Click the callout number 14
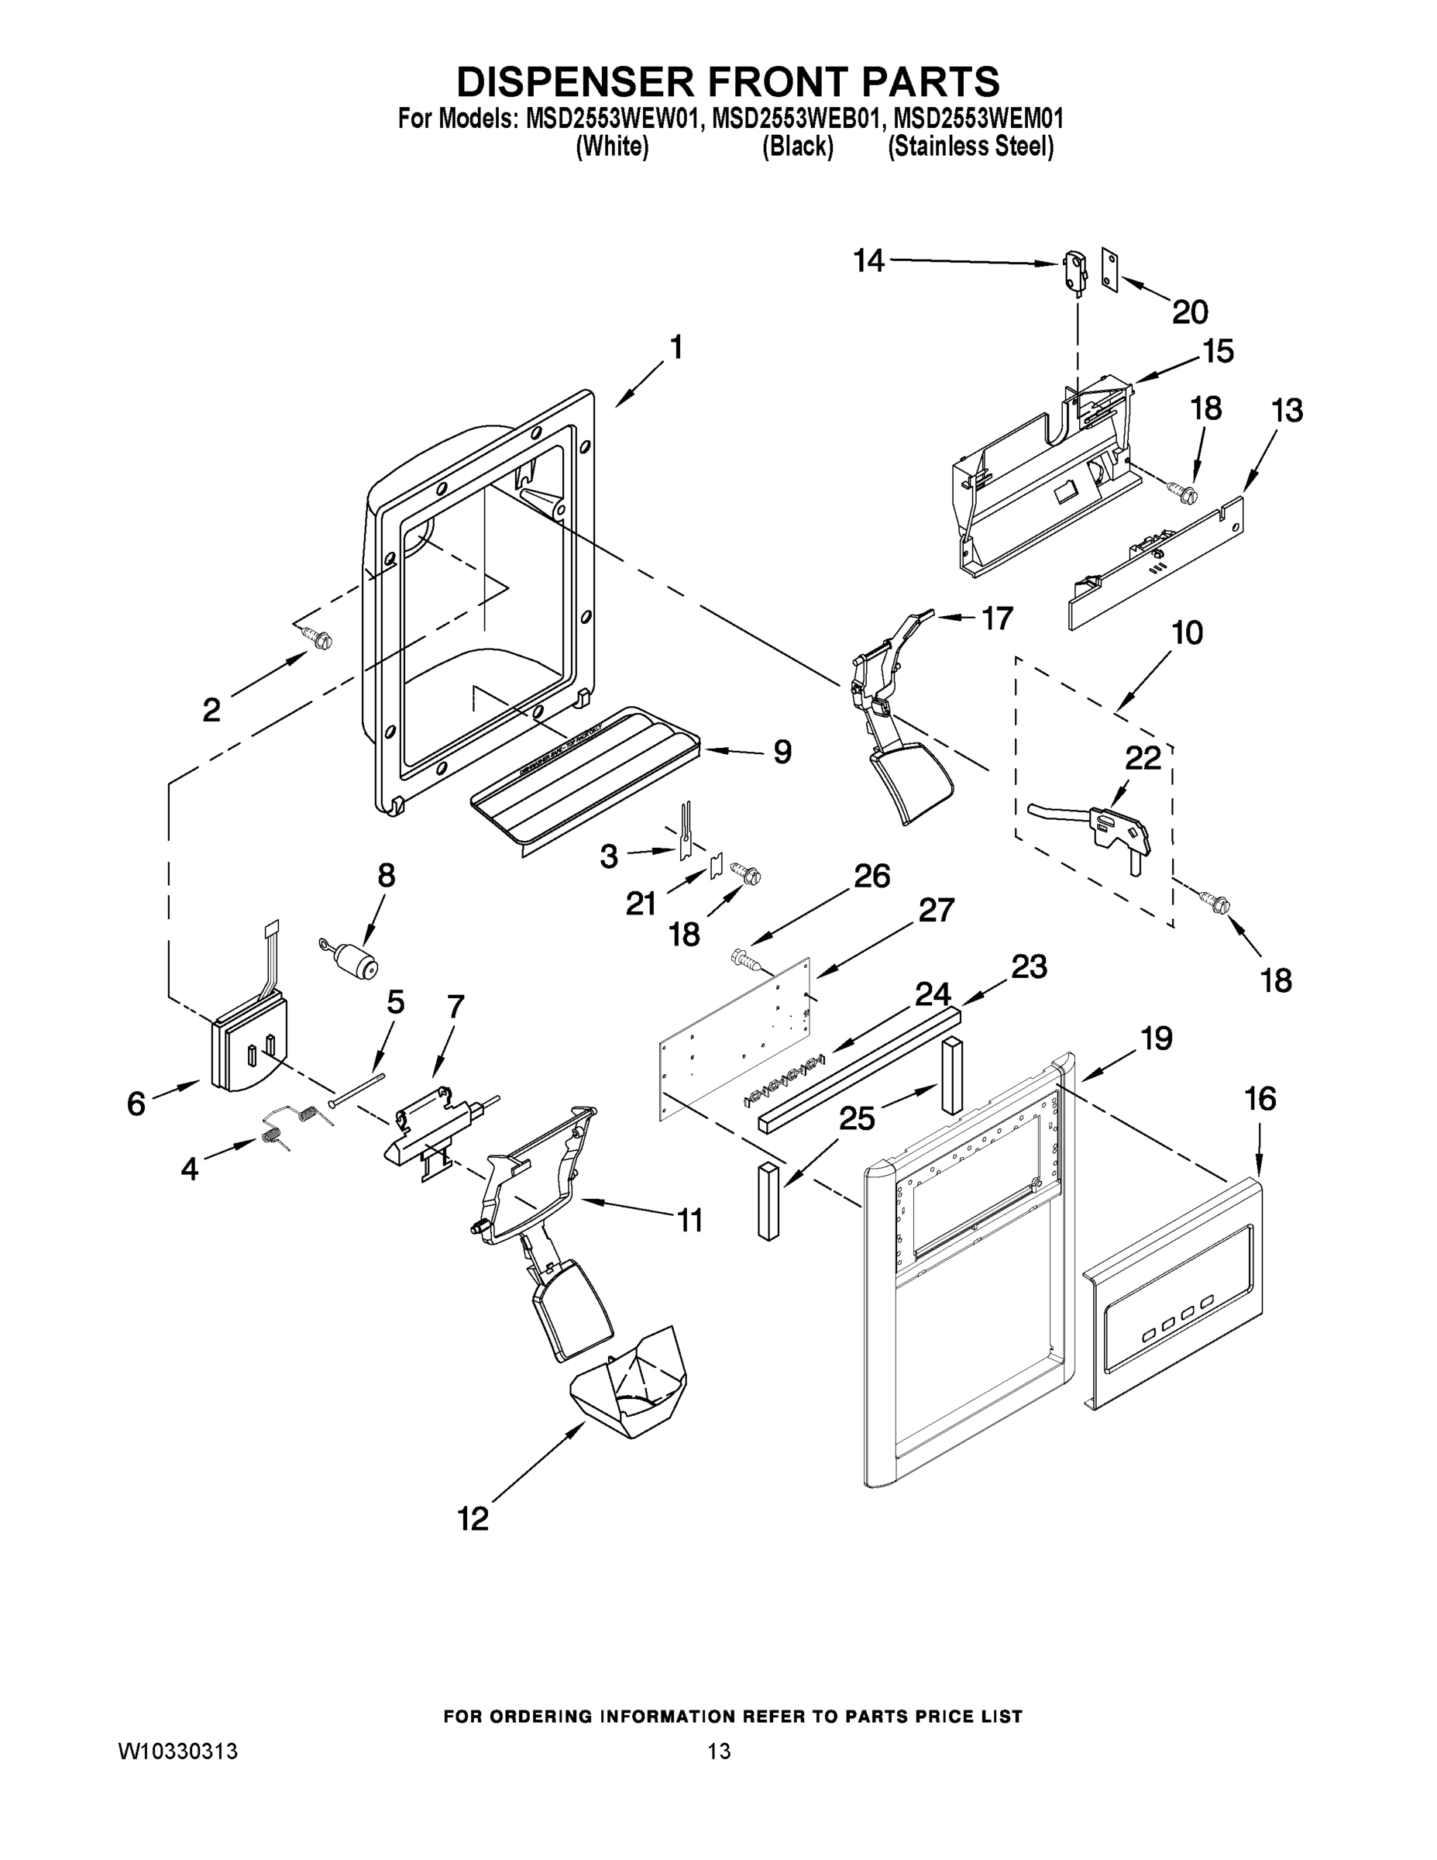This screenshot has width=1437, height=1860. click(869, 260)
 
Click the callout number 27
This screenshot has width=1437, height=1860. click(937, 911)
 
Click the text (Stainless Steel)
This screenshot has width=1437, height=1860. click(971, 147)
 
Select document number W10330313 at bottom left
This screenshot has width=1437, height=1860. click(177, 1751)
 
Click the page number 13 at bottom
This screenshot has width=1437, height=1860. click(719, 1751)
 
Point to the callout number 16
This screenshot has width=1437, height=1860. click(1260, 1100)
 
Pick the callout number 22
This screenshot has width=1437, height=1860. click(1143, 758)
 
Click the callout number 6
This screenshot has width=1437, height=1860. click(136, 1104)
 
